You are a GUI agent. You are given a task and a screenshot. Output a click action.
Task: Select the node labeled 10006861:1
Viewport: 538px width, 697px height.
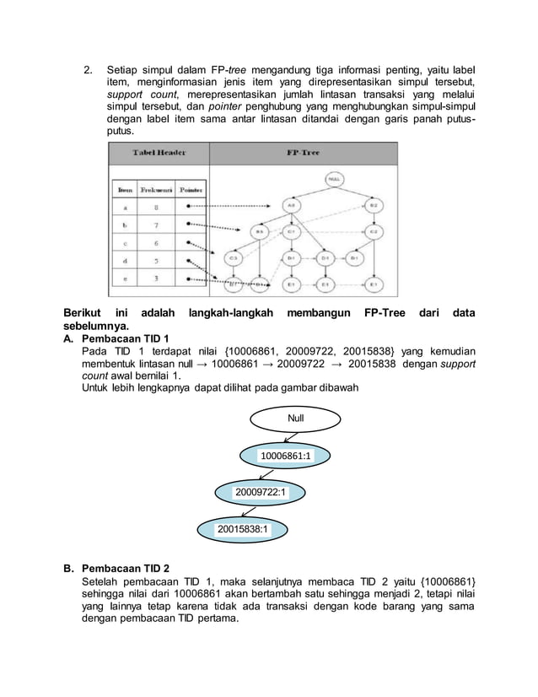click(x=285, y=456)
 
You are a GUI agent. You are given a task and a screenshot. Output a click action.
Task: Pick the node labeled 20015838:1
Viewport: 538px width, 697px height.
click(x=242, y=529)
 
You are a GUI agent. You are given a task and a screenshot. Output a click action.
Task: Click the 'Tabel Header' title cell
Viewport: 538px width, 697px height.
click(x=158, y=153)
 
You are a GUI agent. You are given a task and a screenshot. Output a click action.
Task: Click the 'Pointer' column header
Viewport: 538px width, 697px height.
click(x=193, y=190)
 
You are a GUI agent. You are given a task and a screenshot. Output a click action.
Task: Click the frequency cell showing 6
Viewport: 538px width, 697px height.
click(x=156, y=241)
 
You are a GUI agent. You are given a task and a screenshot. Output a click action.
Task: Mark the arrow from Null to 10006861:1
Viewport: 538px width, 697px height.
click(x=289, y=436)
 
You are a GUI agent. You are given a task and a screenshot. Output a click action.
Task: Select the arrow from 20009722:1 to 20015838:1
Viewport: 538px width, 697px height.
click(x=248, y=511)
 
